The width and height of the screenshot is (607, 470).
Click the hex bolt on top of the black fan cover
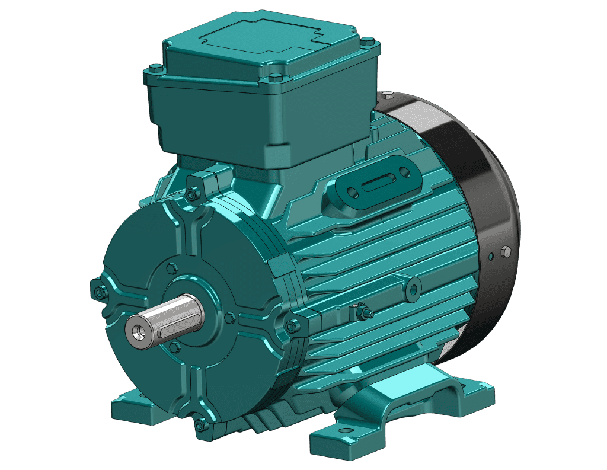pyautogui.click(x=388, y=95)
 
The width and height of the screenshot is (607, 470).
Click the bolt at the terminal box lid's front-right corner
pyautogui.click(x=276, y=78)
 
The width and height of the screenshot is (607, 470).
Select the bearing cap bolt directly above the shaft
pyautogui.click(x=172, y=268)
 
